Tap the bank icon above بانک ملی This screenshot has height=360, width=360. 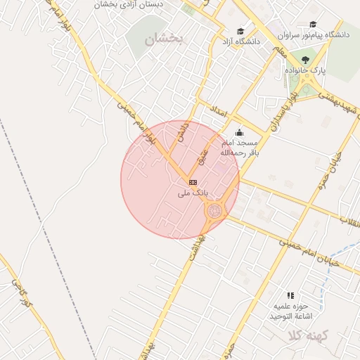[x=193, y=181]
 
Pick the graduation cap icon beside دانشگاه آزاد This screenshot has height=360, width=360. [x=240, y=31]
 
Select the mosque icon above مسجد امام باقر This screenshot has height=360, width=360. [x=239, y=132]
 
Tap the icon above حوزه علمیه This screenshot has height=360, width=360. [x=290, y=295]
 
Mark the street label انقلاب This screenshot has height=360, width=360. [x=349, y=221]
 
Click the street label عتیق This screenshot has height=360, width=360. [x=203, y=154]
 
